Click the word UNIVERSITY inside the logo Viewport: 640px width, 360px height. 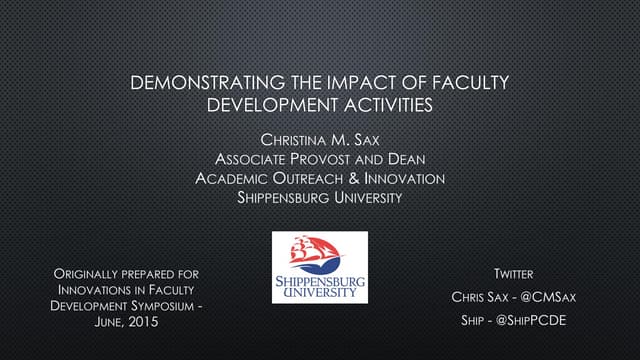point(320,293)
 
